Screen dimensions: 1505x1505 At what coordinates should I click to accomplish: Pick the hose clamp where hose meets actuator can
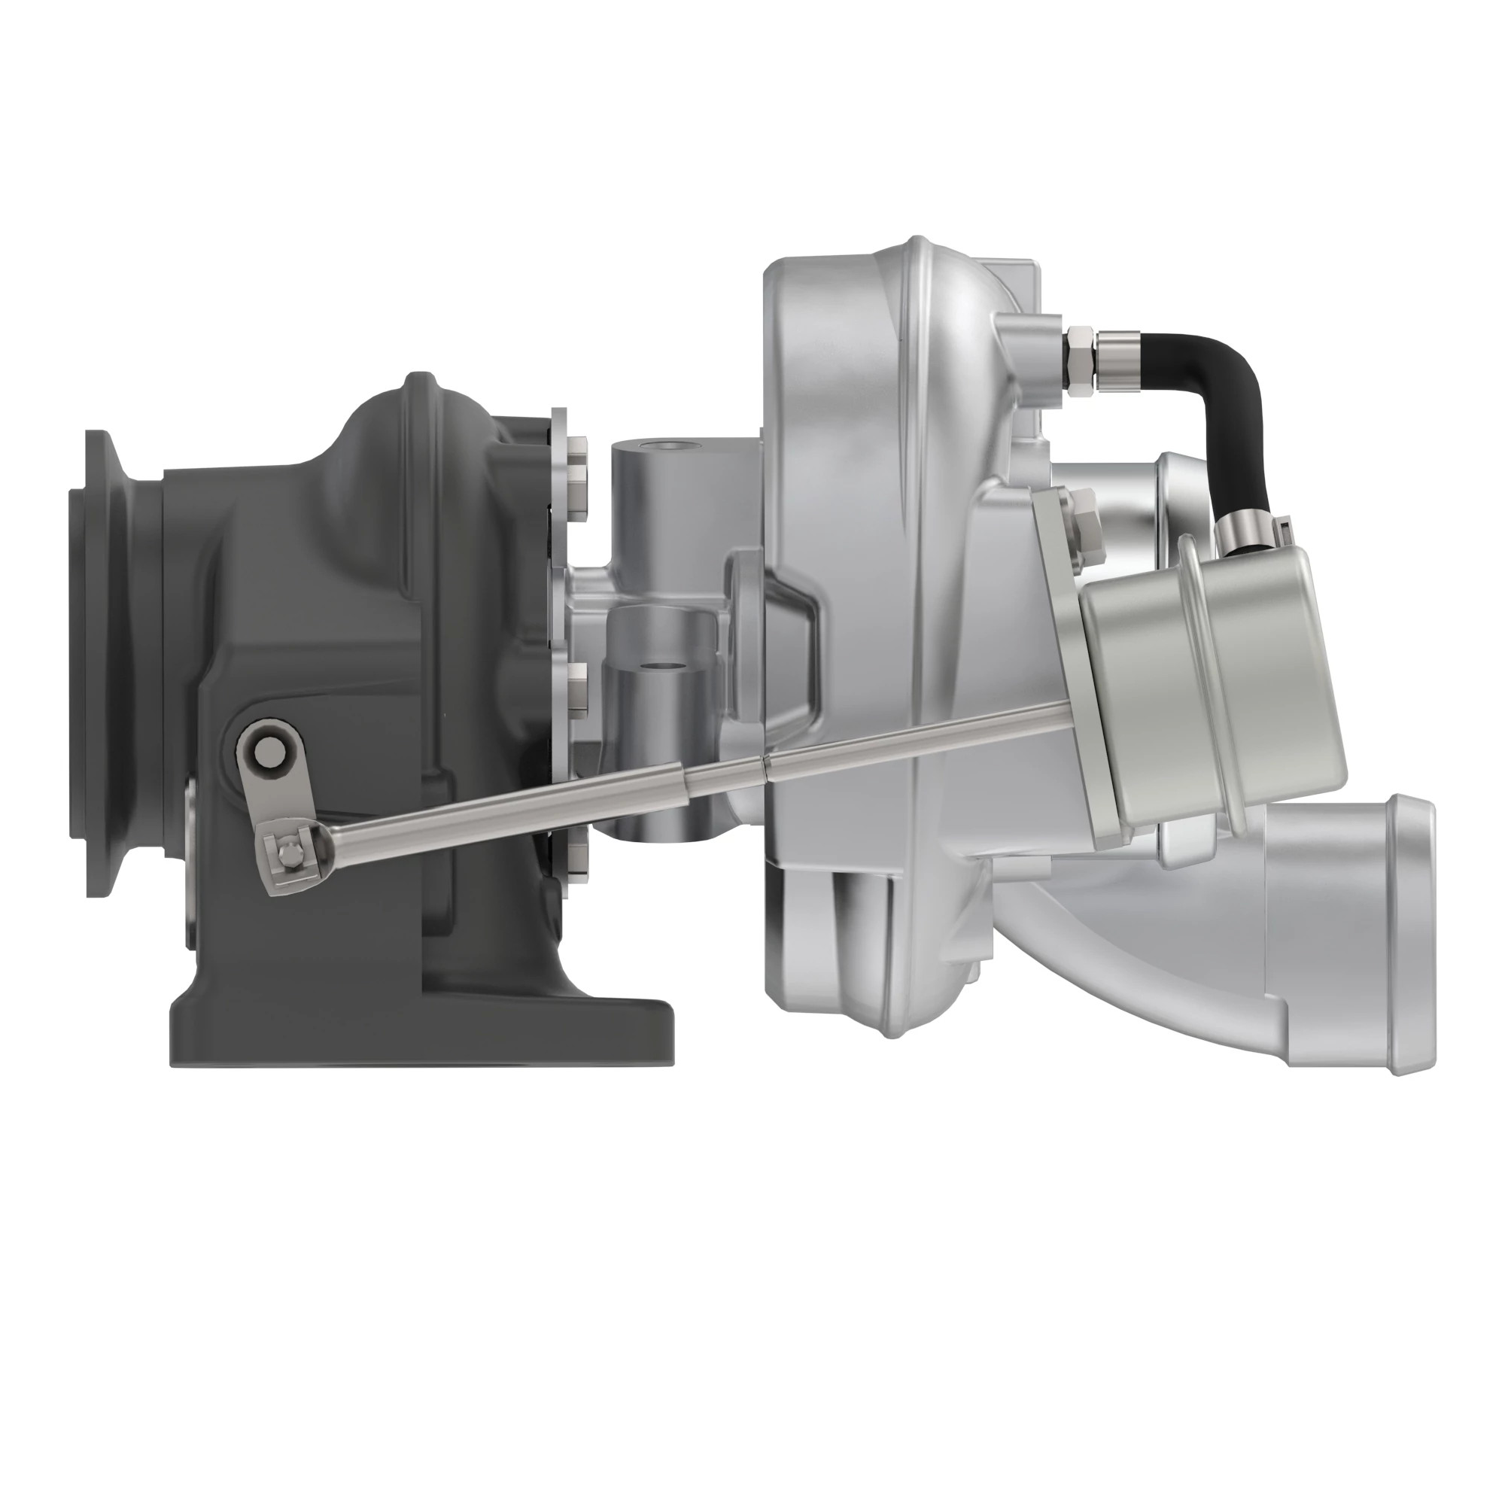[x=1246, y=534]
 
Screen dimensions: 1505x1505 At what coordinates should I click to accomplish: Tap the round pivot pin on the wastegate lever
[x=269, y=751]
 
